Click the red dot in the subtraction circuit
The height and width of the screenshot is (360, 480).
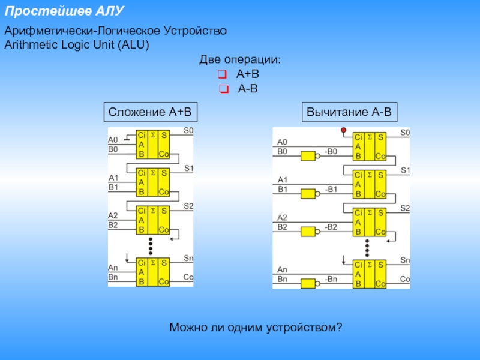tap(343, 130)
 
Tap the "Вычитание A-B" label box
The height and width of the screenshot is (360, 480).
tap(349, 112)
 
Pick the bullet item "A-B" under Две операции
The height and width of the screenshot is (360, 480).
tap(247, 89)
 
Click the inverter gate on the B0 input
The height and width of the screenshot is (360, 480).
tap(308, 156)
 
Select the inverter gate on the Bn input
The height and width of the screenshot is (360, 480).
tap(308, 284)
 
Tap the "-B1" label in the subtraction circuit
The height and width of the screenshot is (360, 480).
tap(331, 190)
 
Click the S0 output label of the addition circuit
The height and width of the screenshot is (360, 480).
tap(188, 130)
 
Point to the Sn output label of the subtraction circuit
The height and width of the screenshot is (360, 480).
tap(405, 260)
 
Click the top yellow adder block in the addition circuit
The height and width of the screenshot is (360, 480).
tap(153, 145)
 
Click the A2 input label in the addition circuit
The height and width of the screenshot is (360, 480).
tap(113, 215)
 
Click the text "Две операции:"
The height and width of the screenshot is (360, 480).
tap(240, 61)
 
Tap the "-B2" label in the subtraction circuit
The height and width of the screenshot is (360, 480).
tap(331, 227)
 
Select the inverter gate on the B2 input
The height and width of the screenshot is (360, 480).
tap(308, 232)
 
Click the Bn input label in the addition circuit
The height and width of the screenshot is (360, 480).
tap(113, 277)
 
